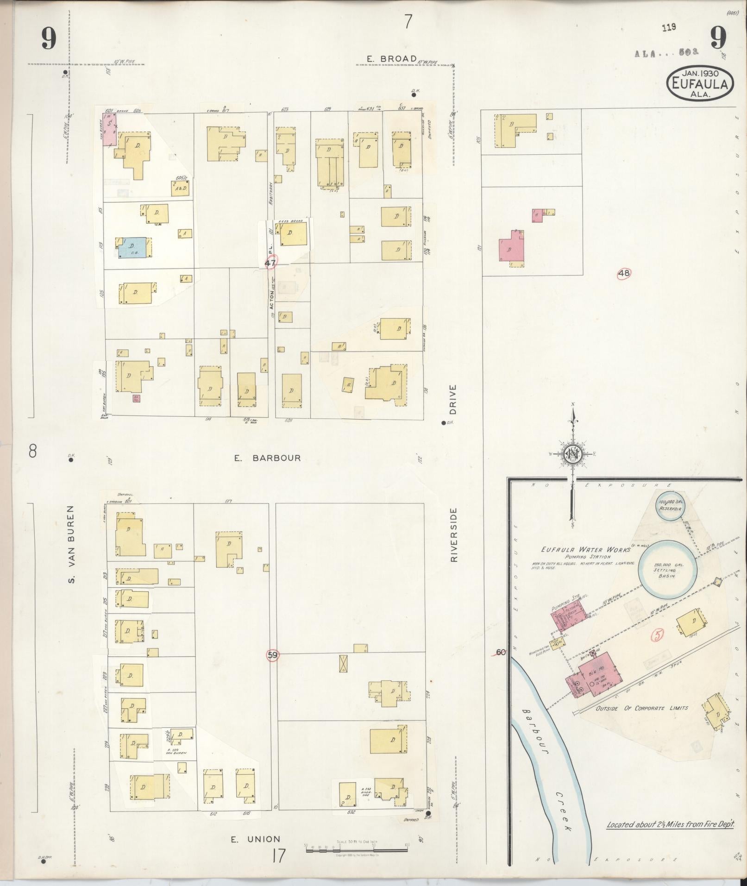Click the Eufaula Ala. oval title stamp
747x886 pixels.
pos(700,84)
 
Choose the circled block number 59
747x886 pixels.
pos(272,655)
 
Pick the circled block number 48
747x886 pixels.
pos(624,273)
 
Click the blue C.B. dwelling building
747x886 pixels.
pos(133,248)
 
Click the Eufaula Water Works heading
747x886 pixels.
pos(585,549)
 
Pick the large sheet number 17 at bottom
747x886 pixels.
pos(278,856)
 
